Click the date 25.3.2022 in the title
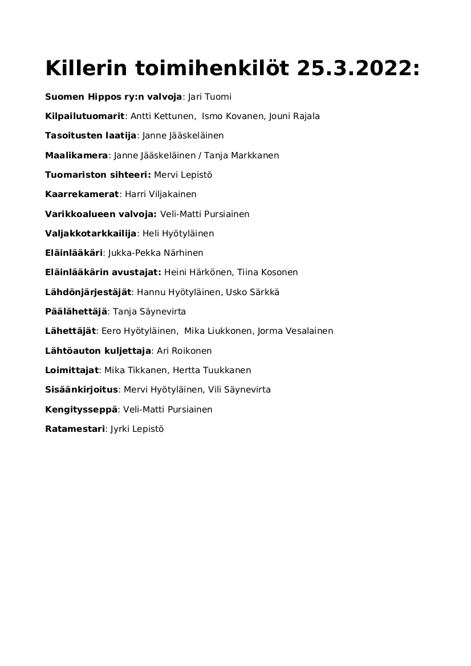coord(358,68)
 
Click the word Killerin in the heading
coord(86,68)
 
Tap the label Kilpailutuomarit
coord(85,116)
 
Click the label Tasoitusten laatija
coord(91,136)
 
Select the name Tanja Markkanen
coord(242,156)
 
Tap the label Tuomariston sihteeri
coord(97,175)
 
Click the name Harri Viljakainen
coord(160,194)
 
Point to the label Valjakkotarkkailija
coord(91,234)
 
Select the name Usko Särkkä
coord(253,292)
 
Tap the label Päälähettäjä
coord(76,312)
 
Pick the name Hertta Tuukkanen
coord(220,370)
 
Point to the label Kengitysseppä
coord(81,410)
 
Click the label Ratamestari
coord(75,429)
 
